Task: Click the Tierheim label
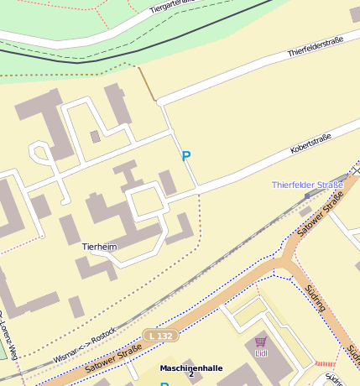[99, 248]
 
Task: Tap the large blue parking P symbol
[186, 156]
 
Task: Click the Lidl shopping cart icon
[260, 342]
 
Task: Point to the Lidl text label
[260, 353]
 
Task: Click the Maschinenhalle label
[191, 368]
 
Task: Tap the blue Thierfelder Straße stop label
[307, 185]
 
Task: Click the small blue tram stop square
[307, 195]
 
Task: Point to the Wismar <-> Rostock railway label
[84, 344]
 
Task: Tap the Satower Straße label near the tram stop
[322, 214]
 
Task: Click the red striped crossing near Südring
[324, 363]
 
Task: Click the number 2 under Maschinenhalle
[190, 375]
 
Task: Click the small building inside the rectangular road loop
[95, 136]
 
